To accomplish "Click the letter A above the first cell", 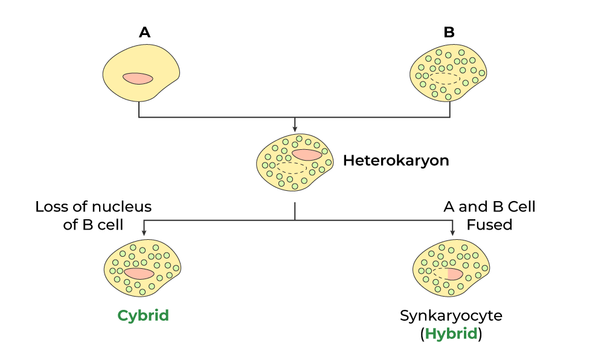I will [144, 33].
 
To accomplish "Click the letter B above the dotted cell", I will [449, 33].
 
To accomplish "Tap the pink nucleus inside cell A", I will [138, 79].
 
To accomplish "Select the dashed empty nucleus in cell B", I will [445, 78].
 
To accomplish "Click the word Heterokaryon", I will [396, 161].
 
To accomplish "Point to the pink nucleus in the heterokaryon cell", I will [307, 155].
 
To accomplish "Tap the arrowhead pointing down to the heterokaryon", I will [294, 128].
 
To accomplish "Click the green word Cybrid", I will [143, 315].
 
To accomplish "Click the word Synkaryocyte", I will [451, 316].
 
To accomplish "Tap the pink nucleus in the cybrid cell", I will [140, 273].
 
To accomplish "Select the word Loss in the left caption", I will [51, 207].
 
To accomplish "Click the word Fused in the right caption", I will [489, 225].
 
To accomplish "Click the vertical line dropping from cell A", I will [139, 109].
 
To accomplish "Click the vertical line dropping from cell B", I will [450, 109].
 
